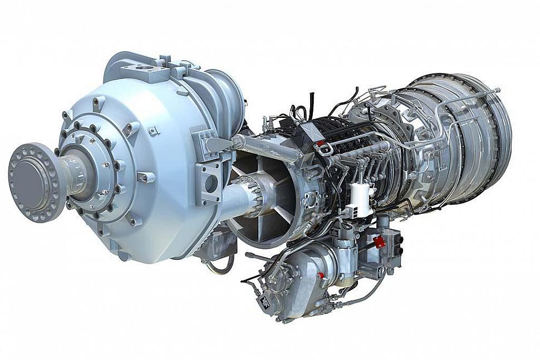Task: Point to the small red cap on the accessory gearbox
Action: pos(321,275)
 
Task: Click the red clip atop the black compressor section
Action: pos(321,143)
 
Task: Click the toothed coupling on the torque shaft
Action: pos(253,194)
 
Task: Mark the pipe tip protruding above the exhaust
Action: pos(495,90)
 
